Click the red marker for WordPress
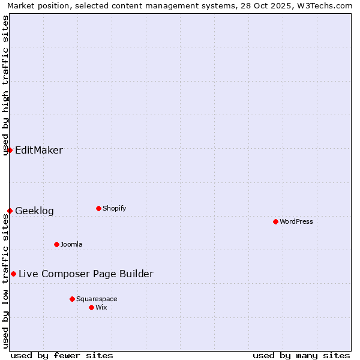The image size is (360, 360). (275, 221)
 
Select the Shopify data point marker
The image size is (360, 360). (98, 208)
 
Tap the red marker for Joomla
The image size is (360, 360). (56, 244)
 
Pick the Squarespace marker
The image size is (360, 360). (72, 299)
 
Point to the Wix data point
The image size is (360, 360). (91, 307)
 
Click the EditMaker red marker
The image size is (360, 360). (10, 150)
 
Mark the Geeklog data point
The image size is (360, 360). (10, 211)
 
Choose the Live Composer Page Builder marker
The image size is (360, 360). (13, 274)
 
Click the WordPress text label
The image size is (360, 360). (296, 222)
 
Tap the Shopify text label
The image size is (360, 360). (115, 209)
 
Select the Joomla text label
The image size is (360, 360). (71, 245)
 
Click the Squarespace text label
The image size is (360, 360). (97, 299)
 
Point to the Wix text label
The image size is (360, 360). (101, 308)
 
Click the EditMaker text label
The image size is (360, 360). (39, 151)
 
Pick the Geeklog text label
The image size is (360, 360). (34, 211)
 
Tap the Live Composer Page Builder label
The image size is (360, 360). (86, 274)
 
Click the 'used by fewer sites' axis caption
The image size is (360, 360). (62, 355)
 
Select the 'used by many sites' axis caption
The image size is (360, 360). (301, 355)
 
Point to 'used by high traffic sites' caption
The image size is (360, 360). (5, 85)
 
